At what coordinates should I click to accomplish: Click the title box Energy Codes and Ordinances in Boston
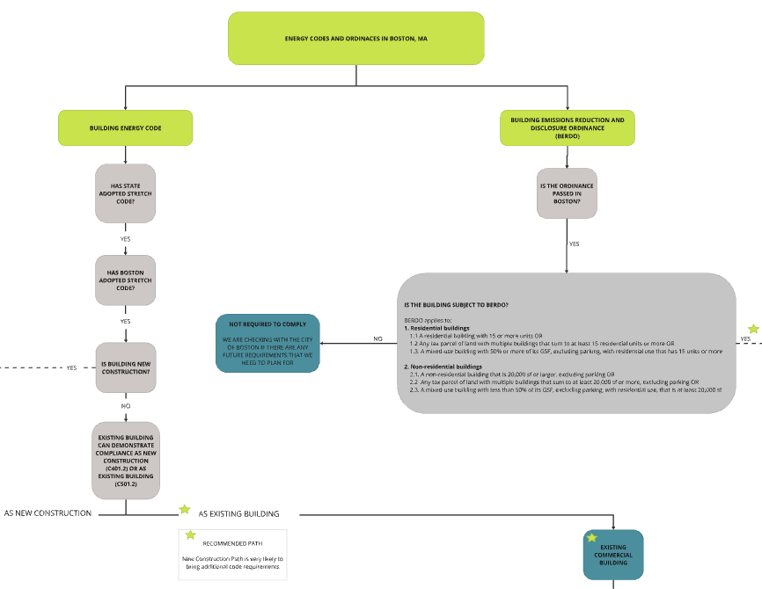(355, 40)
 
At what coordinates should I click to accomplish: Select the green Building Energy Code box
(125, 127)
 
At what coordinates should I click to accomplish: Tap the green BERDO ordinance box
(567, 127)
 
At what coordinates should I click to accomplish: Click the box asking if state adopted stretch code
(125, 193)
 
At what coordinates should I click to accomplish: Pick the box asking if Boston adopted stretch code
(125, 280)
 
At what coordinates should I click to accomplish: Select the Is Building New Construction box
(125, 367)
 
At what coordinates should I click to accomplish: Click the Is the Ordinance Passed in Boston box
(567, 193)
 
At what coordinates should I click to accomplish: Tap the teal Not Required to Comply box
(267, 344)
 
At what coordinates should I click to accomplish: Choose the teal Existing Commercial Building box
(612, 555)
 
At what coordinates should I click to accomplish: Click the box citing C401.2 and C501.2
(125, 460)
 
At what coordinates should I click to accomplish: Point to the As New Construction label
(48, 513)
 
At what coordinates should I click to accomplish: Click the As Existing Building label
(238, 513)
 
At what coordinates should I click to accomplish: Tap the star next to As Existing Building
(185, 509)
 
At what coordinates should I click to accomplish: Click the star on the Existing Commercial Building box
(591, 537)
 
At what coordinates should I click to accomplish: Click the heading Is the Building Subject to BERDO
(456, 305)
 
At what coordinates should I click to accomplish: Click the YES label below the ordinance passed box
(574, 244)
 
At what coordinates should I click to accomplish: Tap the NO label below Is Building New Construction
(125, 406)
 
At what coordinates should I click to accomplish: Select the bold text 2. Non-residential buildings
(443, 366)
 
